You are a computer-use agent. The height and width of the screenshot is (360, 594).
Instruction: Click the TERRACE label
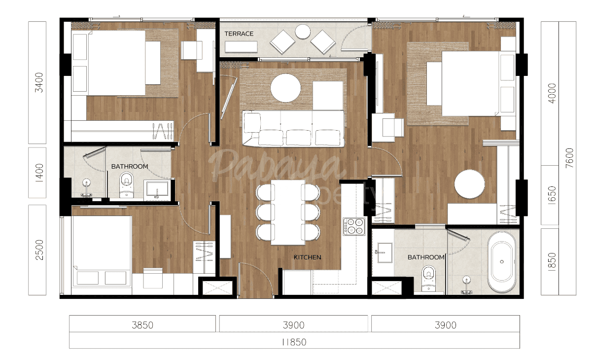pos(239,34)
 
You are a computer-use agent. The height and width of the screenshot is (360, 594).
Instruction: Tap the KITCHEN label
pos(307,257)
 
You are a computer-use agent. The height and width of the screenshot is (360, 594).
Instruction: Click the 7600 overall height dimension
pos(569,158)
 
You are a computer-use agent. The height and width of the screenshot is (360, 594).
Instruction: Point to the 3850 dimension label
pos(142,325)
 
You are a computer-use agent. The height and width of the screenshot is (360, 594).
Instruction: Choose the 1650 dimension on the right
pos(552,196)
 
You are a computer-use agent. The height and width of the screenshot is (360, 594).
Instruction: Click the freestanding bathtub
pos(502,262)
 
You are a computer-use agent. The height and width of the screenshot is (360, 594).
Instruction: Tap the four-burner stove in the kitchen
pos(353,226)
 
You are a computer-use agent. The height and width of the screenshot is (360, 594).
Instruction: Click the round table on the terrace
pos(302,32)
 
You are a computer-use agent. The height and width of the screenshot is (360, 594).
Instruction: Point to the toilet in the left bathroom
pos(127,184)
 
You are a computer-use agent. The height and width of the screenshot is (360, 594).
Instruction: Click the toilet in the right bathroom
pos(429,278)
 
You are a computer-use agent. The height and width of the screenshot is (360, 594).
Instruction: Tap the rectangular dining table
pos(287,212)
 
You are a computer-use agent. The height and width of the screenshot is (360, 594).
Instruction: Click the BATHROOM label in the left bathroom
pos(129,167)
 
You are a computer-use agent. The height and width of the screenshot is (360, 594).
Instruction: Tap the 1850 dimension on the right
pos(552,261)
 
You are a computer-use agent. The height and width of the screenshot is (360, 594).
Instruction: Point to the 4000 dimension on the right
pos(552,93)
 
